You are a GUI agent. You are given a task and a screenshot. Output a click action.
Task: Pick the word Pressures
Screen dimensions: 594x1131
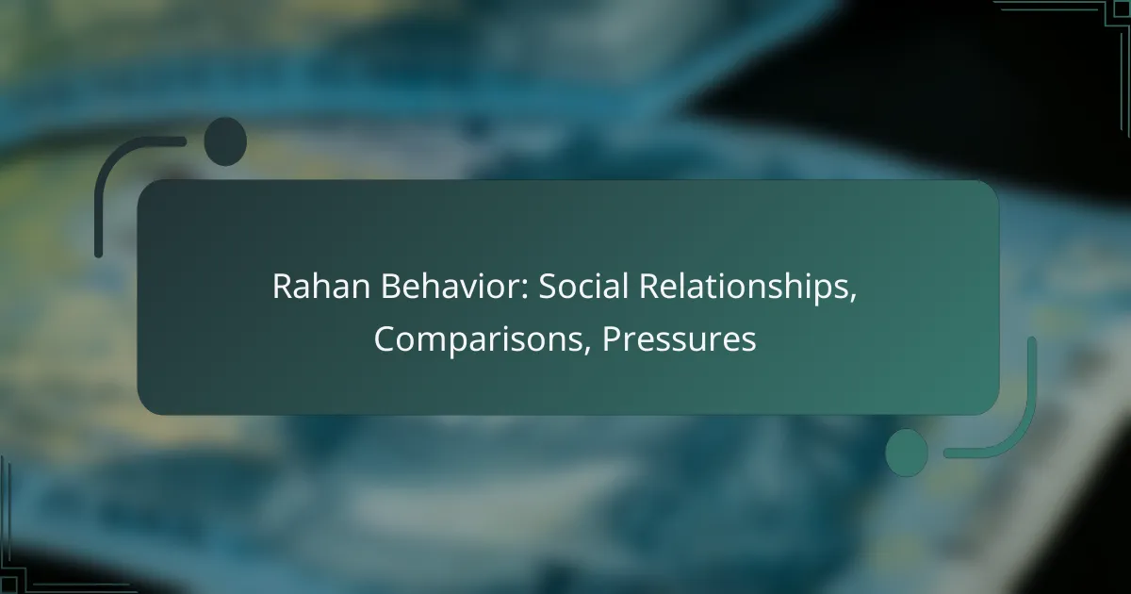pyautogui.click(x=679, y=340)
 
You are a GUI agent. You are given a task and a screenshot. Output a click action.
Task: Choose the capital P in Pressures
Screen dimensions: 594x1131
pyautogui.click(x=609, y=340)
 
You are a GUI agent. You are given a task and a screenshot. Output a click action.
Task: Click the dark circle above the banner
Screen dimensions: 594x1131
pyautogui.click(x=225, y=141)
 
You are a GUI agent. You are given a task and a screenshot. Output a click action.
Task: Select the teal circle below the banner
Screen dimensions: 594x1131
pyautogui.click(x=907, y=452)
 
